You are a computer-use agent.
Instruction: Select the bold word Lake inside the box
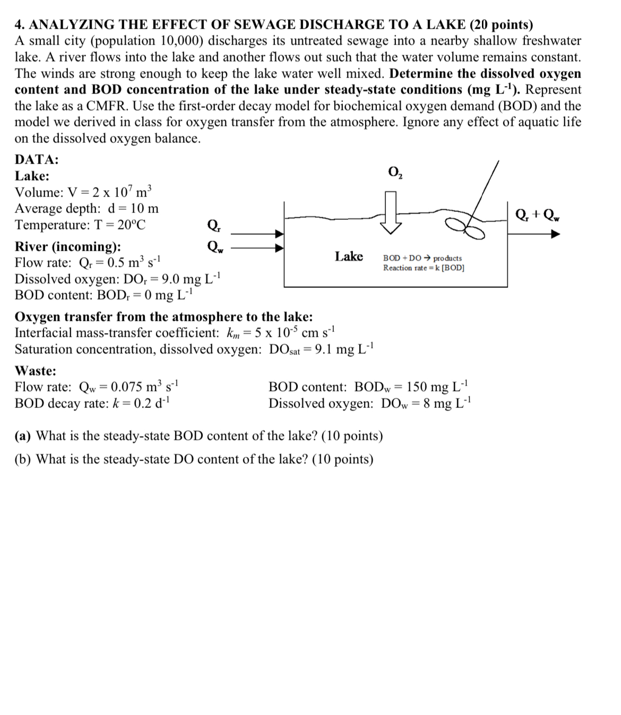tap(349, 257)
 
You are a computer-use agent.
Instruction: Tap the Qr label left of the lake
tap(214, 225)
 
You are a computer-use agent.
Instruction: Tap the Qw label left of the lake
tap(215, 246)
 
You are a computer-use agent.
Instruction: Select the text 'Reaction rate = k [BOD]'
tap(424, 268)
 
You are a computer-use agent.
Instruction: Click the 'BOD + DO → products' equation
tap(422, 258)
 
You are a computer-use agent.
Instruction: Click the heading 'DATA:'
tap(37, 159)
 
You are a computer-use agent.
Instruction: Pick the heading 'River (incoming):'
tap(67, 246)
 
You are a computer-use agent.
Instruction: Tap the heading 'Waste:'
tap(36, 370)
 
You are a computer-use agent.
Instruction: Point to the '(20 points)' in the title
tap(502, 24)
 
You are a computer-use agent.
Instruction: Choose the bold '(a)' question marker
tap(23, 436)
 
